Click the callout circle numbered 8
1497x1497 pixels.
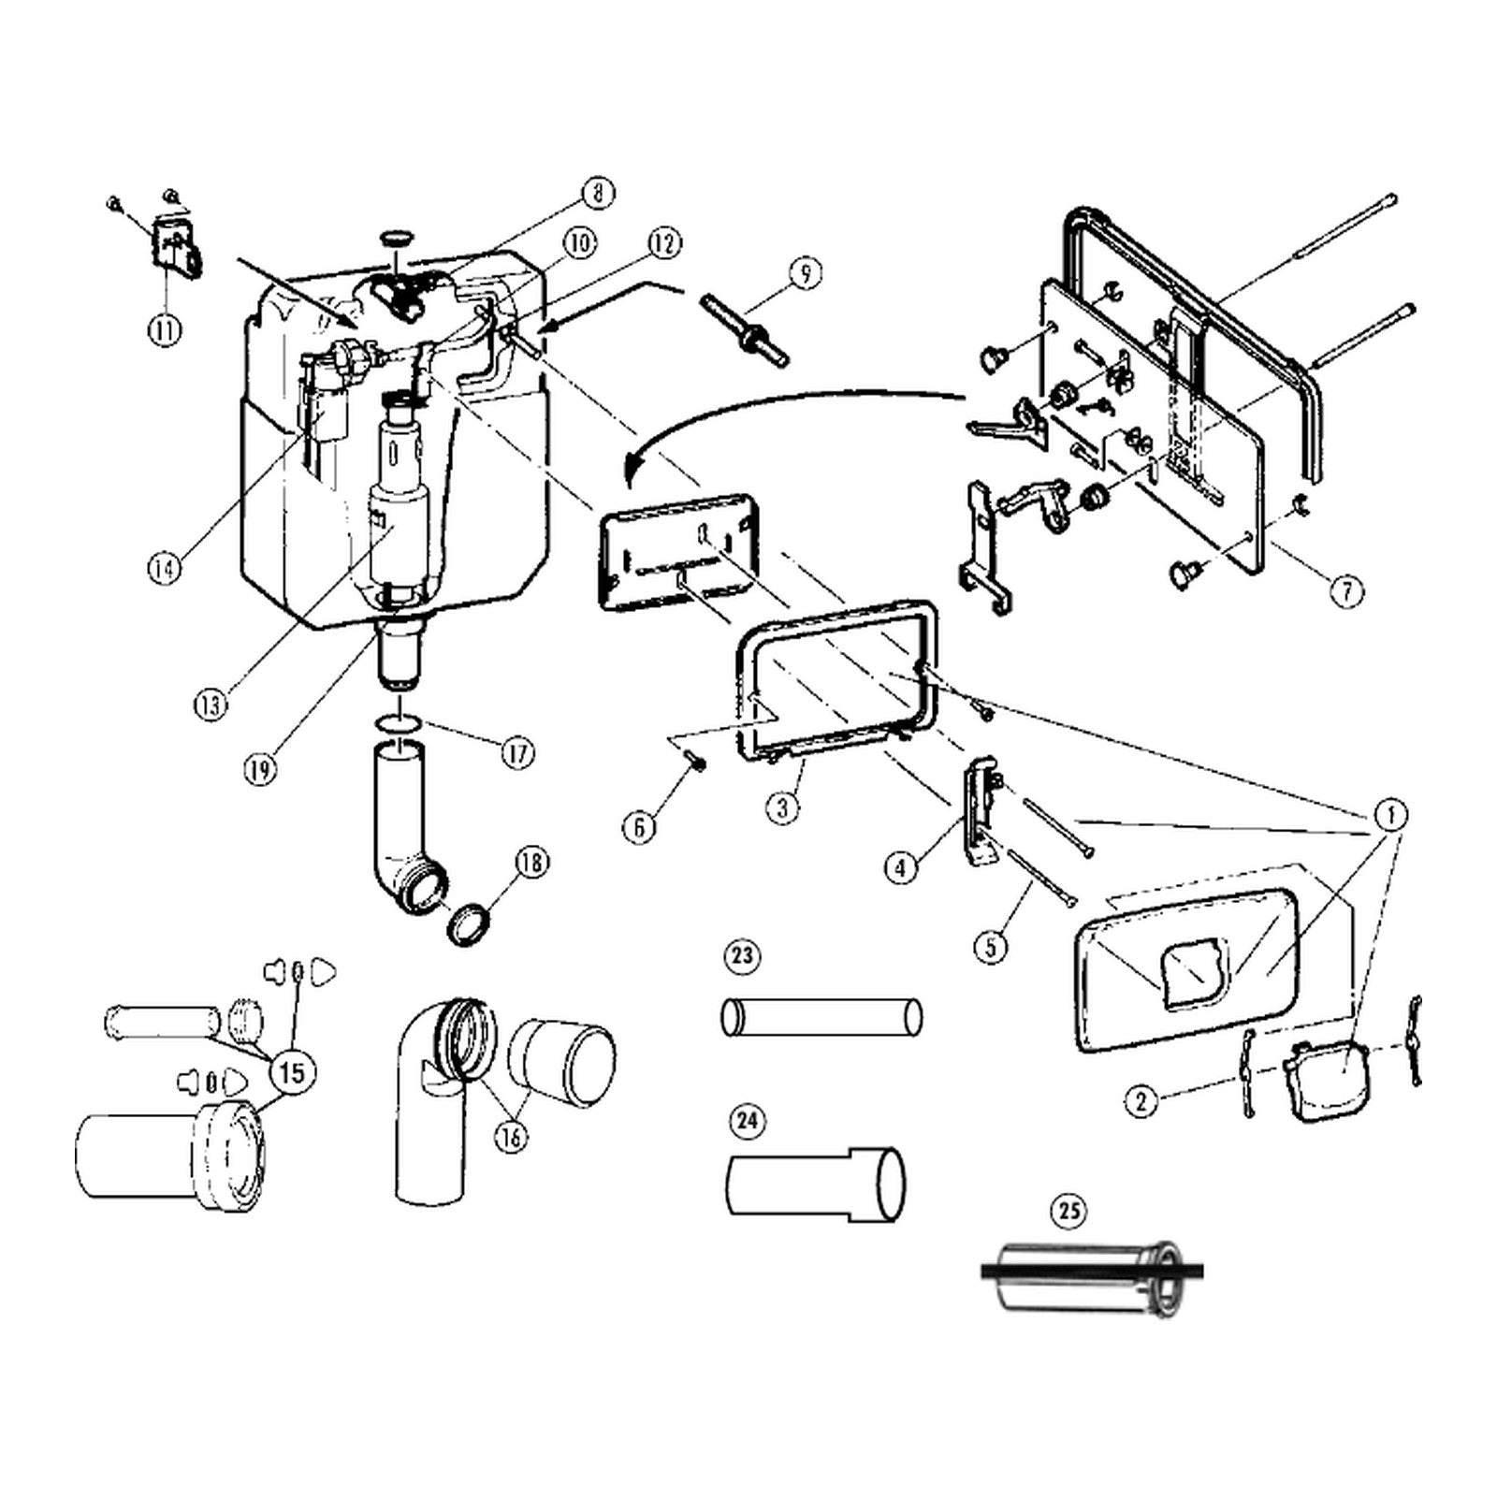[x=597, y=194]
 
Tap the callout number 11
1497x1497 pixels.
[x=165, y=330]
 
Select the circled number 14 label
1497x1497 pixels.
[x=165, y=568]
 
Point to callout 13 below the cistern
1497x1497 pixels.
[x=212, y=704]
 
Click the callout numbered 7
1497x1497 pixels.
[x=1346, y=591]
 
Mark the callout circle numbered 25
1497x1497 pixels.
[x=1069, y=1212]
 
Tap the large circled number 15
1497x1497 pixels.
[x=292, y=1072]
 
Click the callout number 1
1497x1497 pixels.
[x=1391, y=815]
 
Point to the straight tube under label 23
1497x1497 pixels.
[x=821, y=1017]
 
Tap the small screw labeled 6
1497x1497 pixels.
[x=697, y=763]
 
